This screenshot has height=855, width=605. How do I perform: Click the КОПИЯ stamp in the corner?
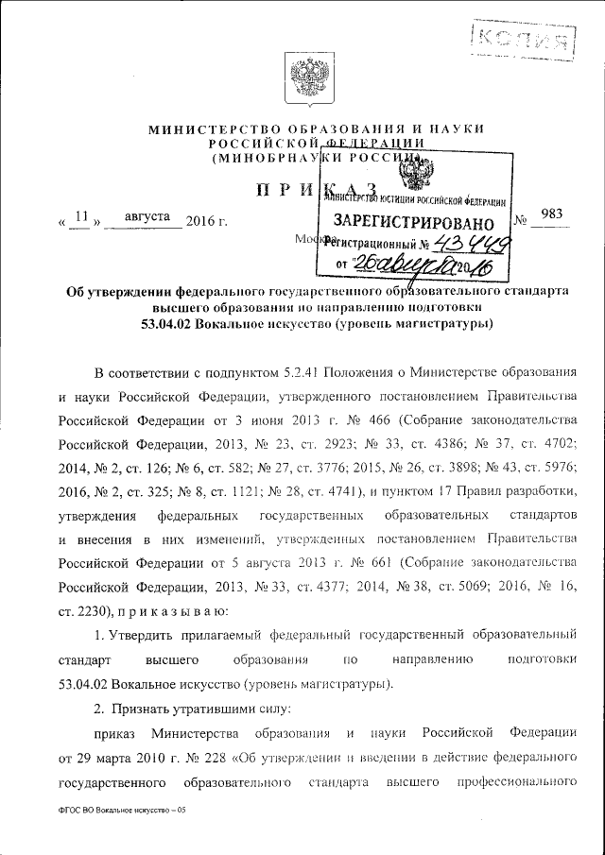coord(525,40)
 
